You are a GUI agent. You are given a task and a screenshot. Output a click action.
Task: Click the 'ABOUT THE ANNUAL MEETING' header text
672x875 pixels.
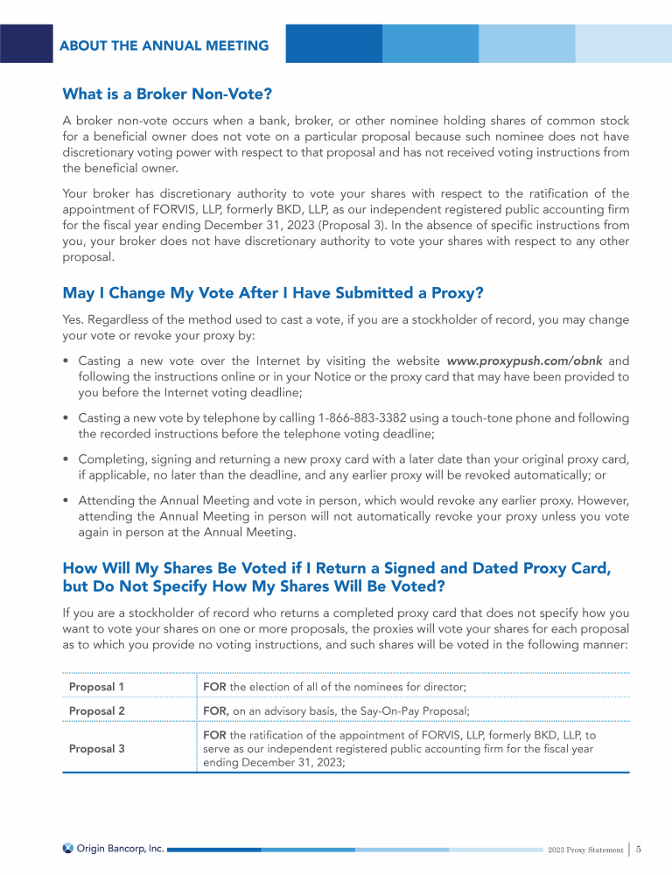[x=164, y=45]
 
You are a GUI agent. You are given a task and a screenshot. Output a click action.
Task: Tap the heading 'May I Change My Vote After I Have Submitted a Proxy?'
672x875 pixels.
[x=273, y=291]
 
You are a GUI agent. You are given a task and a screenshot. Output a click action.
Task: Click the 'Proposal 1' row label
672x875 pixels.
[x=97, y=686]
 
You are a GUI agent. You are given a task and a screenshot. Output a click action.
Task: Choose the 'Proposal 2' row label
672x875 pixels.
[x=97, y=710]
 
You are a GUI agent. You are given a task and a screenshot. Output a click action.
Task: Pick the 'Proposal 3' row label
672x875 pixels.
[x=97, y=748]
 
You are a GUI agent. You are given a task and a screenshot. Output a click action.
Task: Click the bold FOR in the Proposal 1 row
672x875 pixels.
[x=215, y=686]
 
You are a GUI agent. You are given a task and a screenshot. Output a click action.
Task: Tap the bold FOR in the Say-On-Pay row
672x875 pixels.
[x=216, y=710]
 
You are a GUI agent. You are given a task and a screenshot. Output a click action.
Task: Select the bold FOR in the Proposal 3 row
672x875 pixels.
[x=215, y=735]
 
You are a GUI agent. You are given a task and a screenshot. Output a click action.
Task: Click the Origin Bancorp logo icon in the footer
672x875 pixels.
[x=68, y=848]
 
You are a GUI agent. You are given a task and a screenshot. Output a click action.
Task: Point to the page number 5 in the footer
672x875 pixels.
[x=640, y=849]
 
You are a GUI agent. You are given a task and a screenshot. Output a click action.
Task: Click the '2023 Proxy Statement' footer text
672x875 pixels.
[x=584, y=850]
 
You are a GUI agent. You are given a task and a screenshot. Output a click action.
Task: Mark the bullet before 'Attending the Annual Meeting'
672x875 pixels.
[x=67, y=502]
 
